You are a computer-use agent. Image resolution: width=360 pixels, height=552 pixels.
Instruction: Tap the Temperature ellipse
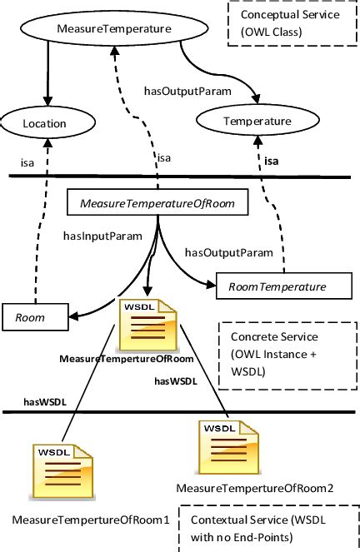(251, 121)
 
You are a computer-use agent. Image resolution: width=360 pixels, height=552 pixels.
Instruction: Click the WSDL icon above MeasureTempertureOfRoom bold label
(149, 326)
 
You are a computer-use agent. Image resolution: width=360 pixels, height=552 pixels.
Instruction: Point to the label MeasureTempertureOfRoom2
(255, 487)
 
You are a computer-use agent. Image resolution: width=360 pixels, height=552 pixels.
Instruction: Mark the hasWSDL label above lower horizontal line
(44, 401)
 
